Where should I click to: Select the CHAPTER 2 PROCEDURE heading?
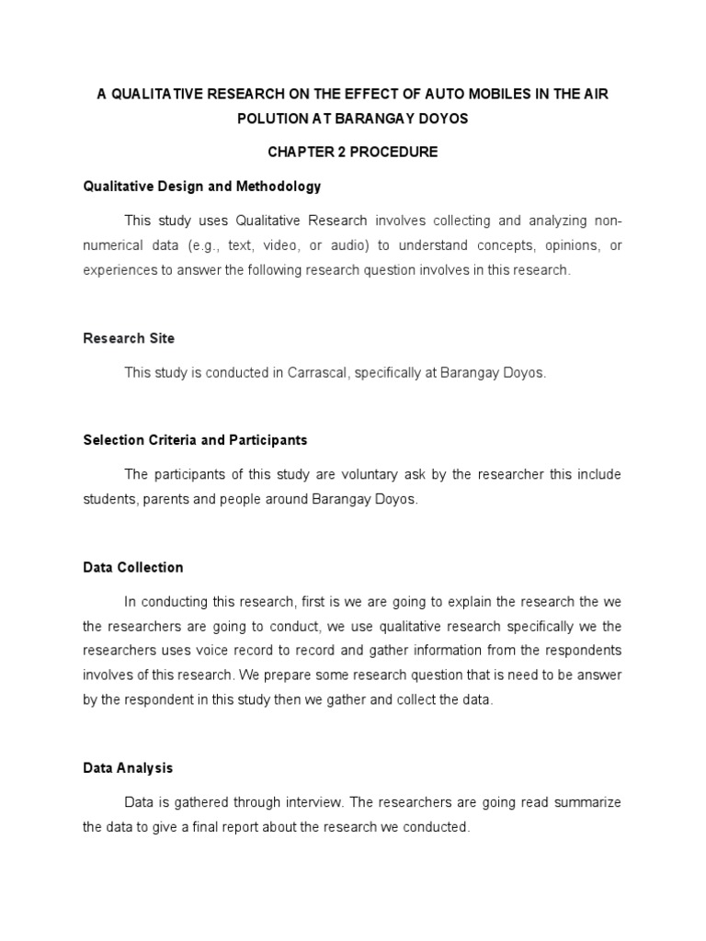[x=353, y=153]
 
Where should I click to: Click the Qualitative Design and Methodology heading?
[x=201, y=186]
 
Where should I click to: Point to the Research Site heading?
[x=129, y=338]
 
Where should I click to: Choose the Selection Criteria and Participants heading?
[x=195, y=440]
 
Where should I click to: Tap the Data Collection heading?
[x=133, y=567]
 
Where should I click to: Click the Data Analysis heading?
[x=128, y=767]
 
